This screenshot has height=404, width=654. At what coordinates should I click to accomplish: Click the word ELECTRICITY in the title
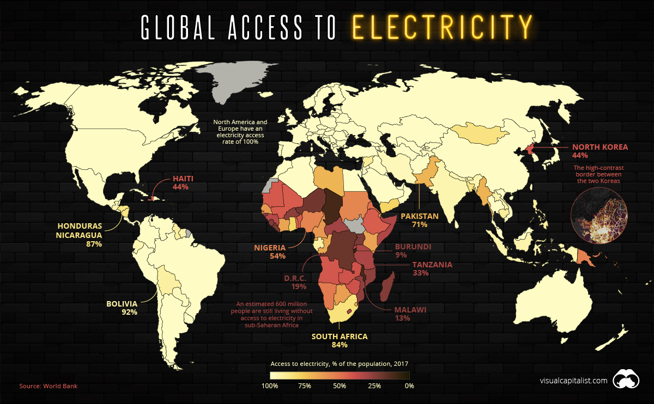pyautogui.click(x=441, y=27)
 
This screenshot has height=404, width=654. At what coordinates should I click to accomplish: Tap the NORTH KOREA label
pyautogui.click(x=599, y=147)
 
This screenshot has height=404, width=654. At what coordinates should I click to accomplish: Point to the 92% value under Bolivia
pyautogui.click(x=129, y=313)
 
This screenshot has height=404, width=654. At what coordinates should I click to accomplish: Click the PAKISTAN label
pyautogui.click(x=420, y=216)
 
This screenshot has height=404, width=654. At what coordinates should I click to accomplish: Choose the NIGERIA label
pyautogui.click(x=271, y=248)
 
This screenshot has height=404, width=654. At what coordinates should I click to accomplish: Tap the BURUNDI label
pyautogui.click(x=413, y=247)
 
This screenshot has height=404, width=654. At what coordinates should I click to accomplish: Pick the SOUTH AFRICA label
pyautogui.click(x=339, y=336)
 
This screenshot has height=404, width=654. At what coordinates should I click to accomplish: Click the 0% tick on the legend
pyautogui.click(x=409, y=386)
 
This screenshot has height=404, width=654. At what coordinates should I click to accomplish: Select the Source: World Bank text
pyautogui.click(x=49, y=386)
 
